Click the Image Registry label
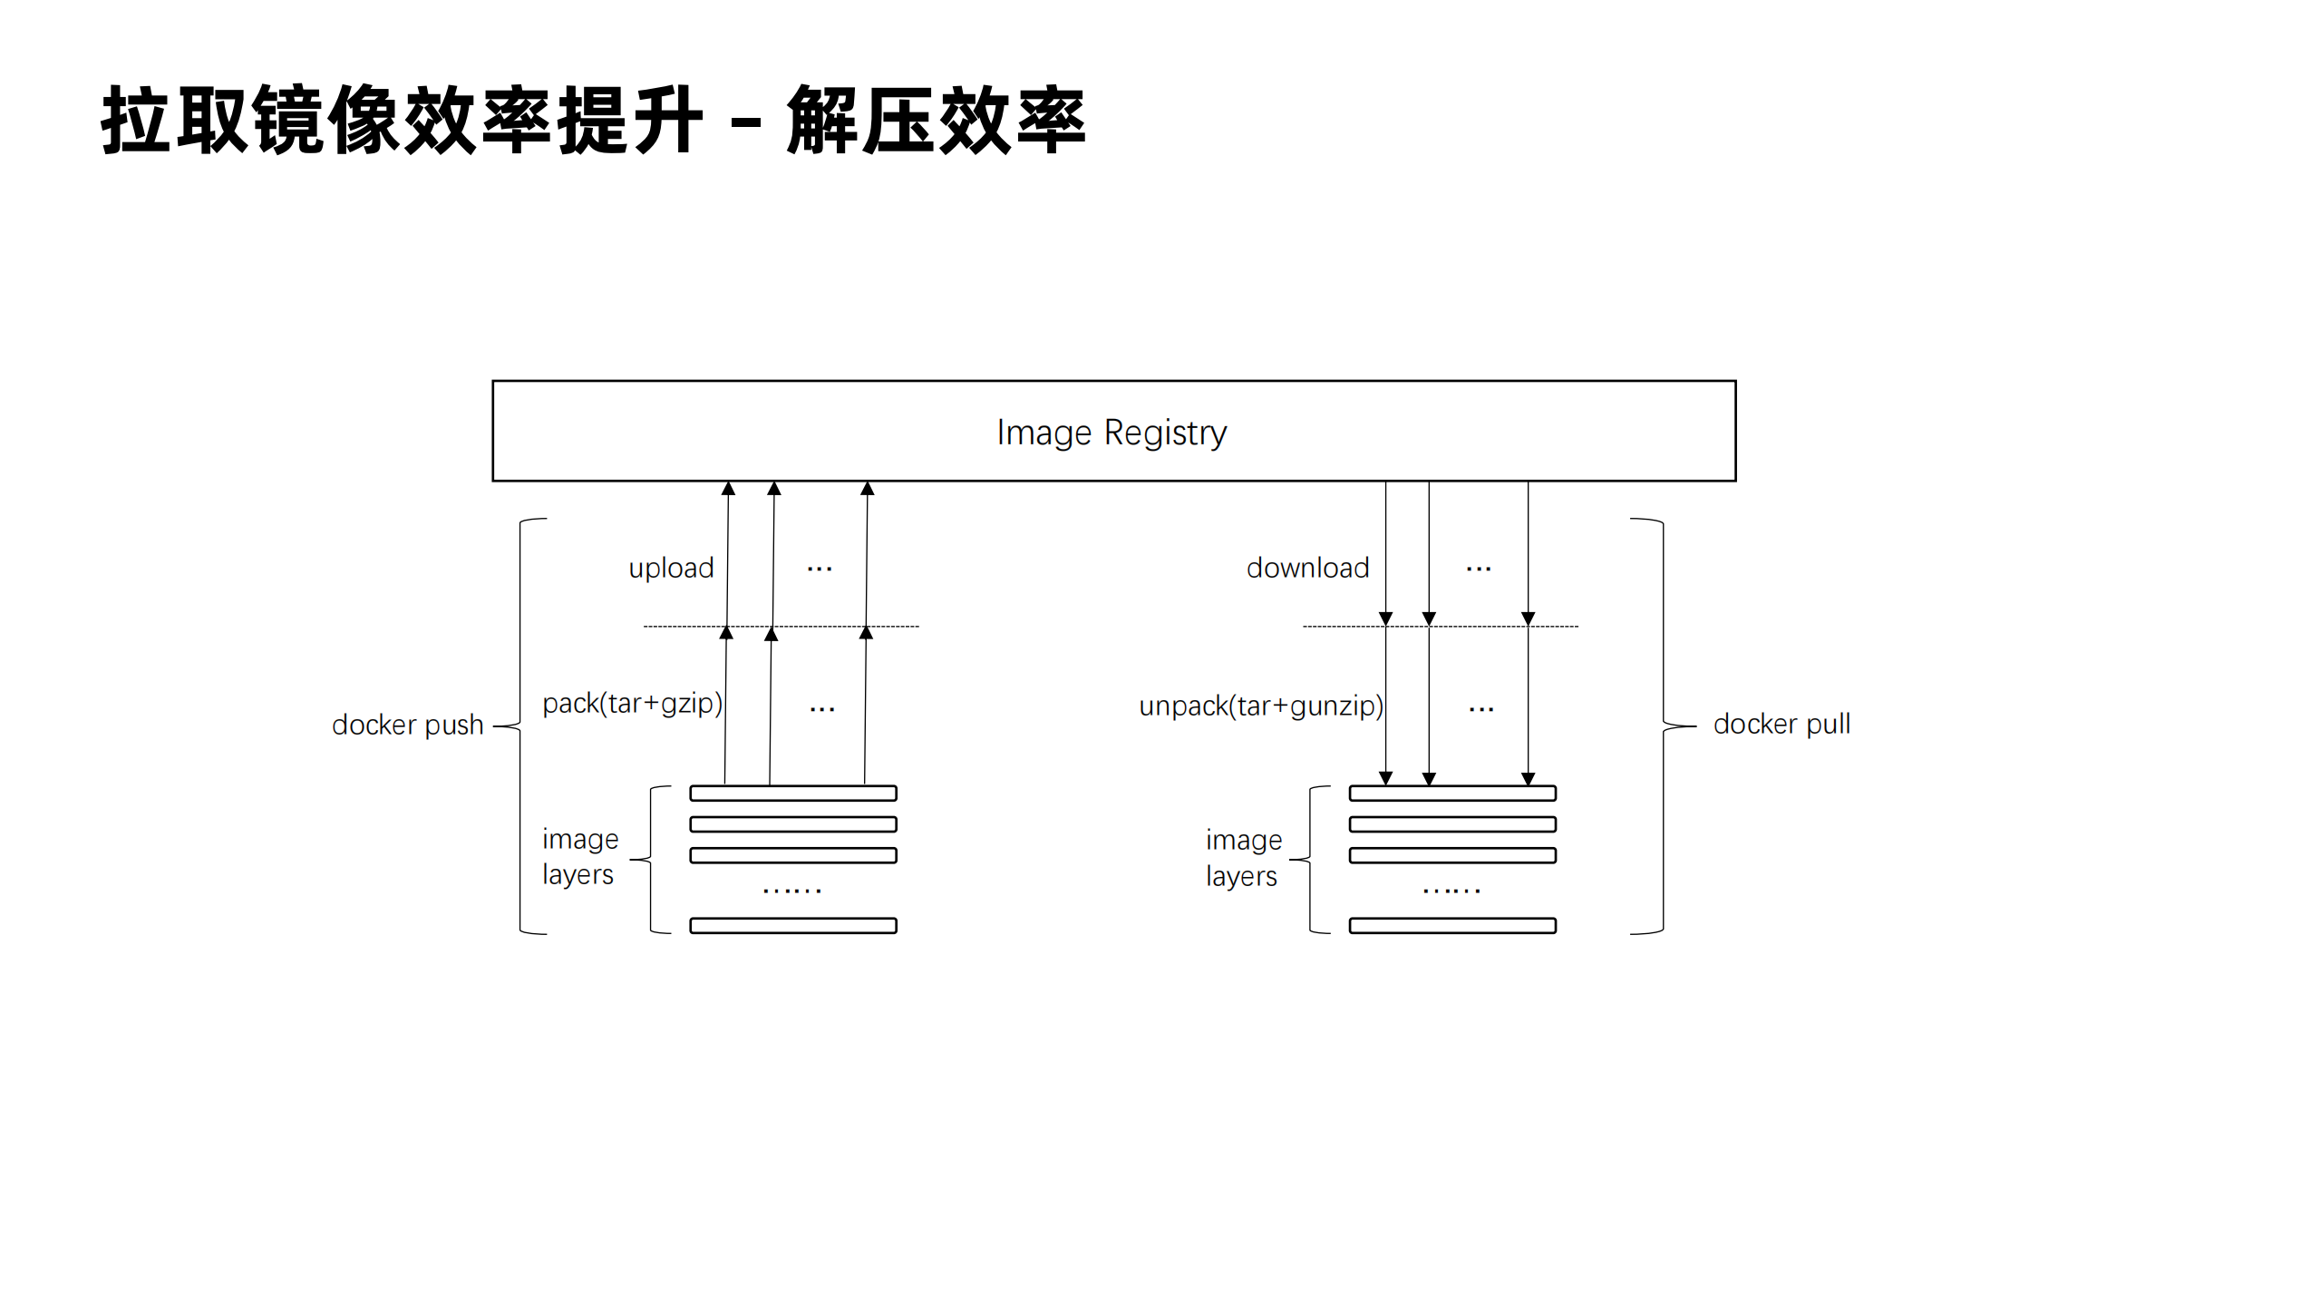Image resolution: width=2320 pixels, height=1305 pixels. click(1111, 433)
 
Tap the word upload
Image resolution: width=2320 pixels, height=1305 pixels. click(671, 569)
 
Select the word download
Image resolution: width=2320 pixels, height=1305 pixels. click(1307, 569)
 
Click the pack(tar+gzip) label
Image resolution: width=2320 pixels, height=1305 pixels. click(632, 704)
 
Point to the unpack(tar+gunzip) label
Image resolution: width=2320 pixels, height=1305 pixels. click(1260, 706)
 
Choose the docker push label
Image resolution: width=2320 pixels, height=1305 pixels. click(407, 726)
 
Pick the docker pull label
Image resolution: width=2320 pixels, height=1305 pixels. click(1781, 725)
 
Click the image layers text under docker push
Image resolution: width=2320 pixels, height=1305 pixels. click(580, 857)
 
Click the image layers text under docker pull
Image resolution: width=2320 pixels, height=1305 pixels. click(1243, 858)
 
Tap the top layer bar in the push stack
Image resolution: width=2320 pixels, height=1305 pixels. click(793, 794)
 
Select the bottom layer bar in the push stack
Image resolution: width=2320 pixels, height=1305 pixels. click(793, 926)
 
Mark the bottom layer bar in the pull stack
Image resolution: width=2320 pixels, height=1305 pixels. click(1452, 926)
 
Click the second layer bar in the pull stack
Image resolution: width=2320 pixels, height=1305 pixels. click(1452, 824)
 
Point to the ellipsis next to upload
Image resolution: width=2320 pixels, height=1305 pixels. click(820, 570)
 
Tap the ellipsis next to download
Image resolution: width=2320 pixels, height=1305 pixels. click(1479, 570)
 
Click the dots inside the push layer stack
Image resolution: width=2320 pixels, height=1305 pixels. click(792, 891)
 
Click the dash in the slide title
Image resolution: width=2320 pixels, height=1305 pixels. click(745, 121)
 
